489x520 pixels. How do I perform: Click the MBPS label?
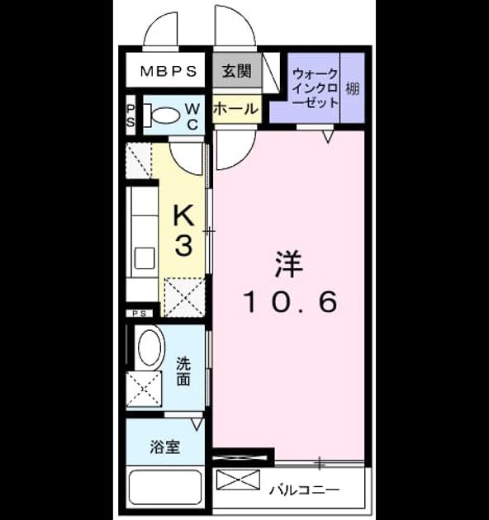(169, 71)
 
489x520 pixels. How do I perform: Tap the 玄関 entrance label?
(237, 71)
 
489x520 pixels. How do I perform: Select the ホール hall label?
(235, 108)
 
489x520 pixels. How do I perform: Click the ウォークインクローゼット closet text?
(316, 87)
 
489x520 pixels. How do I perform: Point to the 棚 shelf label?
(353, 88)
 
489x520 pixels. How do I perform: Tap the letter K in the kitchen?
(184, 215)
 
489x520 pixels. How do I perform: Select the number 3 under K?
(183, 245)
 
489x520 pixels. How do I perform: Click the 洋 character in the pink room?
(288, 264)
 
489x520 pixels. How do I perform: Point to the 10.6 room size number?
(291, 301)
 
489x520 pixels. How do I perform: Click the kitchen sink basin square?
(145, 258)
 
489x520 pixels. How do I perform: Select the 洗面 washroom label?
(183, 371)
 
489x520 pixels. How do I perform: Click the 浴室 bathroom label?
(165, 447)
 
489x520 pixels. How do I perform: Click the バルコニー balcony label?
(305, 489)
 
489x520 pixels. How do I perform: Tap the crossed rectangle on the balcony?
(238, 480)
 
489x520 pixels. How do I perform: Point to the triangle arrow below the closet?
(328, 136)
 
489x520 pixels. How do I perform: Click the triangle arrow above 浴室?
(197, 424)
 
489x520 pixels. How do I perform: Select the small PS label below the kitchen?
(140, 314)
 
